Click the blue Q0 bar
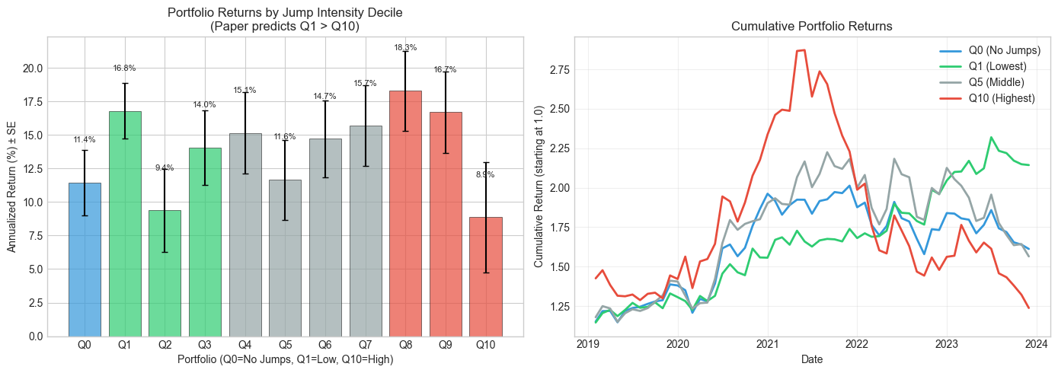click(x=85, y=259)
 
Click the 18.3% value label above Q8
click(x=405, y=47)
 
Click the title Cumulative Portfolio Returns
click(x=812, y=26)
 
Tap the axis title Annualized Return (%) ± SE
click(x=11, y=186)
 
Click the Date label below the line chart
click(x=812, y=359)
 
